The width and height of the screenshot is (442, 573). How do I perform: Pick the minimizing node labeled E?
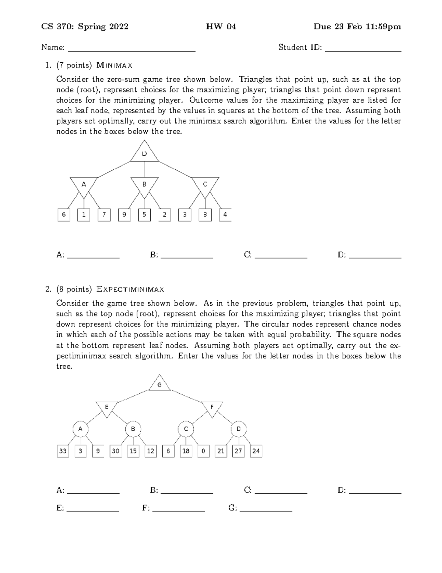click(x=107, y=407)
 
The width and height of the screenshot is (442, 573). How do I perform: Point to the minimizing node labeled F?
click(x=212, y=407)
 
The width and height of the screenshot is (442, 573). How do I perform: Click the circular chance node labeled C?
click(x=186, y=429)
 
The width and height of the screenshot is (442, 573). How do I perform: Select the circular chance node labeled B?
click(x=133, y=429)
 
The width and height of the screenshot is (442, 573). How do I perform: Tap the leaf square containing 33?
click(x=63, y=451)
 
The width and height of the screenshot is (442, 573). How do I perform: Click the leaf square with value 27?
click(x=238, y=451)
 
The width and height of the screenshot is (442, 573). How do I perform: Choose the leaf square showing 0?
click(x=203, y=451)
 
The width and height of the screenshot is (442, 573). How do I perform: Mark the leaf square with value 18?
click(x=186, y=451)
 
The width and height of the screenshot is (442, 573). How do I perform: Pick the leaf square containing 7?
click(x=104, y=215)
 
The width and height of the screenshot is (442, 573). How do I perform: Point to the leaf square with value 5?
click(x=144, y=215)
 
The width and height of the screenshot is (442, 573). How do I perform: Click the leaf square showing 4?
click(x=225, y=215)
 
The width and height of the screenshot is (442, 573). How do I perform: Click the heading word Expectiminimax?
click(x=130, y=289)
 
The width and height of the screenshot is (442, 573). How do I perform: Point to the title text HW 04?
click(x=221, y=27)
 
